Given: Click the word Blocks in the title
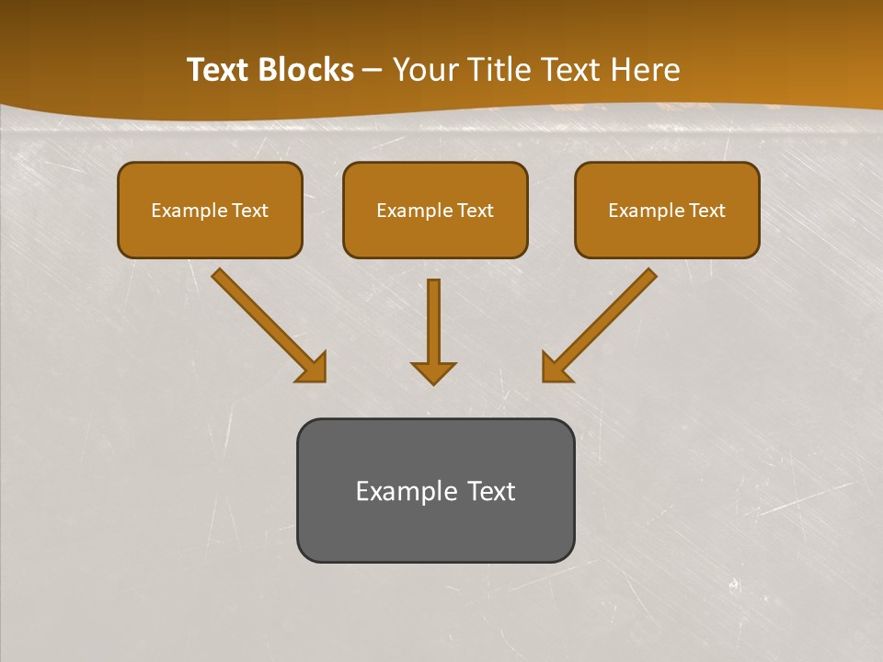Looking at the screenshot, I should pyautogui.click(x=308, y=70).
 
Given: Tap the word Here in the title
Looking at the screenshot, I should pyautogui.click(x=648, y=70).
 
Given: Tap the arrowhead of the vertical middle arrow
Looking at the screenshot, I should pyautogui.click(x=433, y=371).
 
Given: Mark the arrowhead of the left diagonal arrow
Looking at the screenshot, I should pyautogui.click(x=314, y=368).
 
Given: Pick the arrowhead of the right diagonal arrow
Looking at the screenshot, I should pyautogui.click(x=555, y=368).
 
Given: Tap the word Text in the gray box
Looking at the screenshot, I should pyautogui.click(x=491, y=491).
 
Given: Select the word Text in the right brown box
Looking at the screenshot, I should pyautogui.click(x=706, y=211).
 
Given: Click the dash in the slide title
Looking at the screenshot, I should pyautogui.click(x=373, y=70).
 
